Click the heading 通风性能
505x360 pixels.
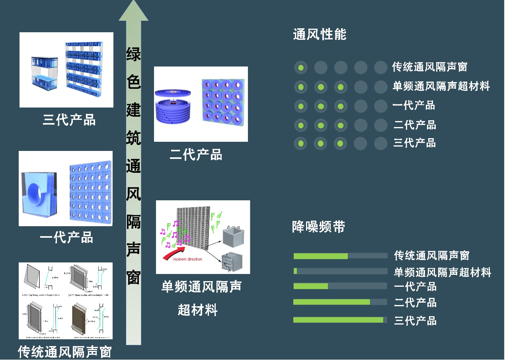[x=320, y=35]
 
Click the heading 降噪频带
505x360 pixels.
[x=318, y=227]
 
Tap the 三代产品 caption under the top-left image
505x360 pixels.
[x=69, y=120]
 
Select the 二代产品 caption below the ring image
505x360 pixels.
[x=196, y=155]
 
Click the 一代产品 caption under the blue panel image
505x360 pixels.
[x=66, y=237]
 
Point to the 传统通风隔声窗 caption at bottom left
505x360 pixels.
[x=65, y=352]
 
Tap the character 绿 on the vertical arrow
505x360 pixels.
[x=134, y=54]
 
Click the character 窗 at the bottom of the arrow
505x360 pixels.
[x=134, y=277]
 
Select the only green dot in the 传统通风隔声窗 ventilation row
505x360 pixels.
[x=301, y=67]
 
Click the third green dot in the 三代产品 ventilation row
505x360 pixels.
[x=341, y=143]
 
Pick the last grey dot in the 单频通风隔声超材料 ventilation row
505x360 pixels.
[x=381, y=87]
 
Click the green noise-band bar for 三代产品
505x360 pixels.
[x=338, y=320]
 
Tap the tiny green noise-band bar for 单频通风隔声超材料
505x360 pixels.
[x=295, y=271]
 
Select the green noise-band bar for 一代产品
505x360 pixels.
[x=310, y=286]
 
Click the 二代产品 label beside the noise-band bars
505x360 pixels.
[x=415, y=303]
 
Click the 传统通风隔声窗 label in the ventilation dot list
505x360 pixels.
[x=429, y=67]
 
